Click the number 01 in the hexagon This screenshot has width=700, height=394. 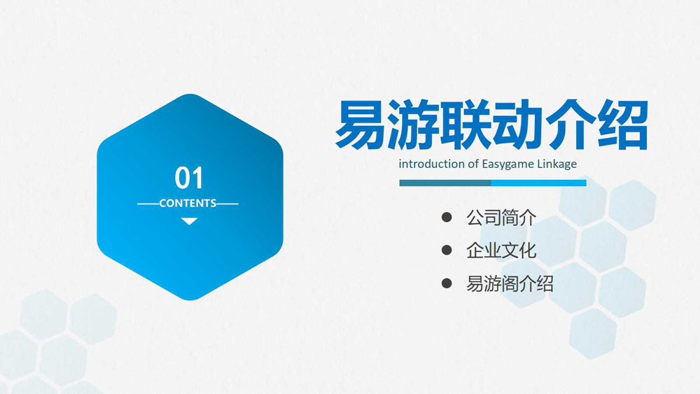(189, 178)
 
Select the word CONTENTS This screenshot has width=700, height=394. (188, 204)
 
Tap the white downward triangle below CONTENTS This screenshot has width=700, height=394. (189, 221)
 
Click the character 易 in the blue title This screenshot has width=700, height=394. (360, 125)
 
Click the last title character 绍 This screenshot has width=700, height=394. (622, 125)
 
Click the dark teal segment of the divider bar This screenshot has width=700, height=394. (445, 183)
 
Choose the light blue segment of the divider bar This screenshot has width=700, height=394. (539, 183)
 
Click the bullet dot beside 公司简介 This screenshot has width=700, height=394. (447, 218)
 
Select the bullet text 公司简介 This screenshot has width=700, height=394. (501, 218)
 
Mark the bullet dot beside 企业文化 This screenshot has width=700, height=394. (447, 250)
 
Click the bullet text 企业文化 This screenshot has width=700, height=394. (501, 251)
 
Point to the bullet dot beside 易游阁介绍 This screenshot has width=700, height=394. (447, 283)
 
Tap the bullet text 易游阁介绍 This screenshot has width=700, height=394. (510, 284)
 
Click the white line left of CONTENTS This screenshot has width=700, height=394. (148, 204)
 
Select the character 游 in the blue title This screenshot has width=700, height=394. (414, 125)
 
